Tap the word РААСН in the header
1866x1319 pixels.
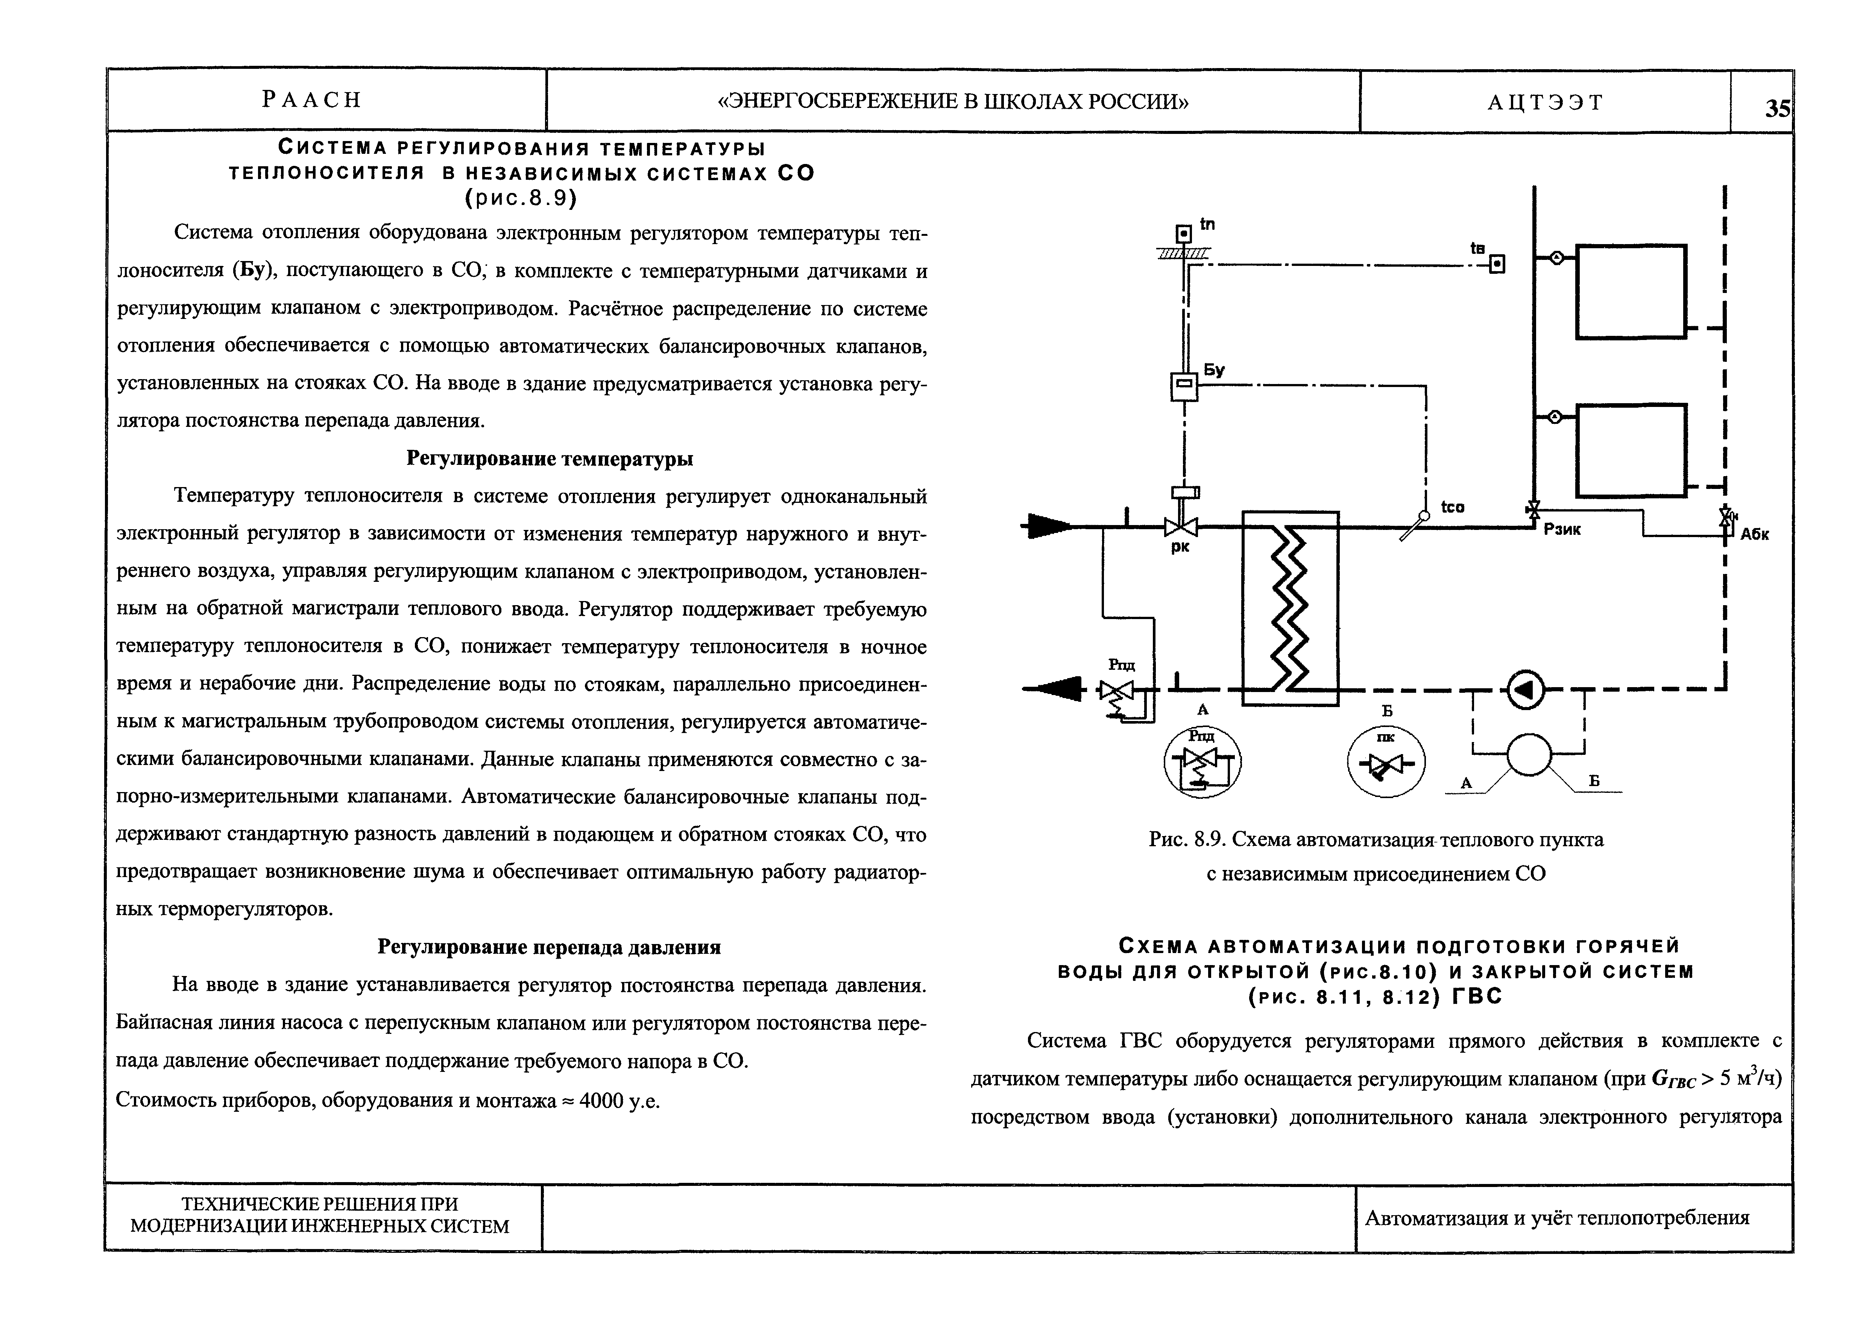pos(311,100)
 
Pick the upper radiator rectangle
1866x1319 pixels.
pos(1631,291)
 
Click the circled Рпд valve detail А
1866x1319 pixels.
pos(1202,762)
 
